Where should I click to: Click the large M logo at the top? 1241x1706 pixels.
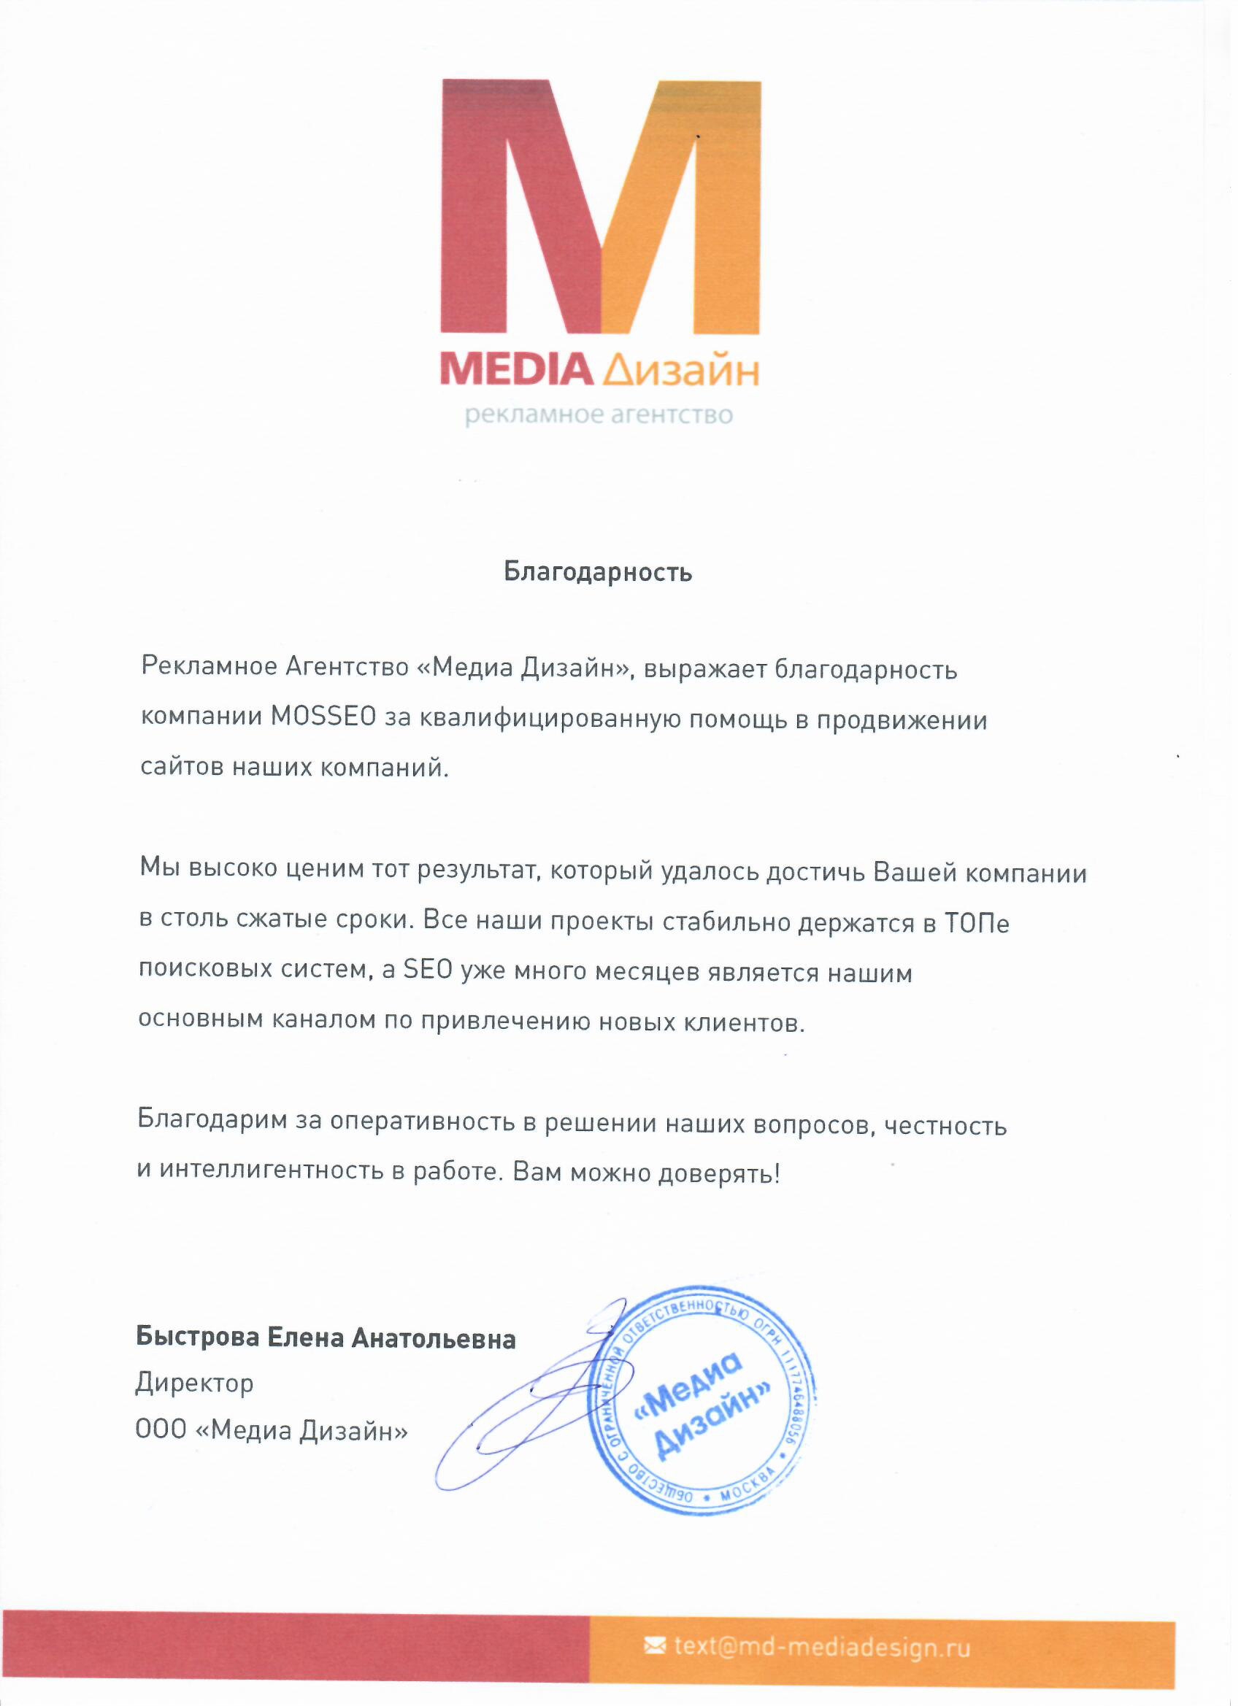click(601, 207)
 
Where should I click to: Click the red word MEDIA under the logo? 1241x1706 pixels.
click(515, 370)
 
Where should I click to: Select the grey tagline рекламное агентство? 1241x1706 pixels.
click(599, 415)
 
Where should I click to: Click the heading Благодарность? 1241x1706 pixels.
click(599, 572)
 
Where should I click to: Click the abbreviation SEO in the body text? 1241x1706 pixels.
click(428, 971)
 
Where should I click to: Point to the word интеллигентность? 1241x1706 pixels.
click(271, 1170)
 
